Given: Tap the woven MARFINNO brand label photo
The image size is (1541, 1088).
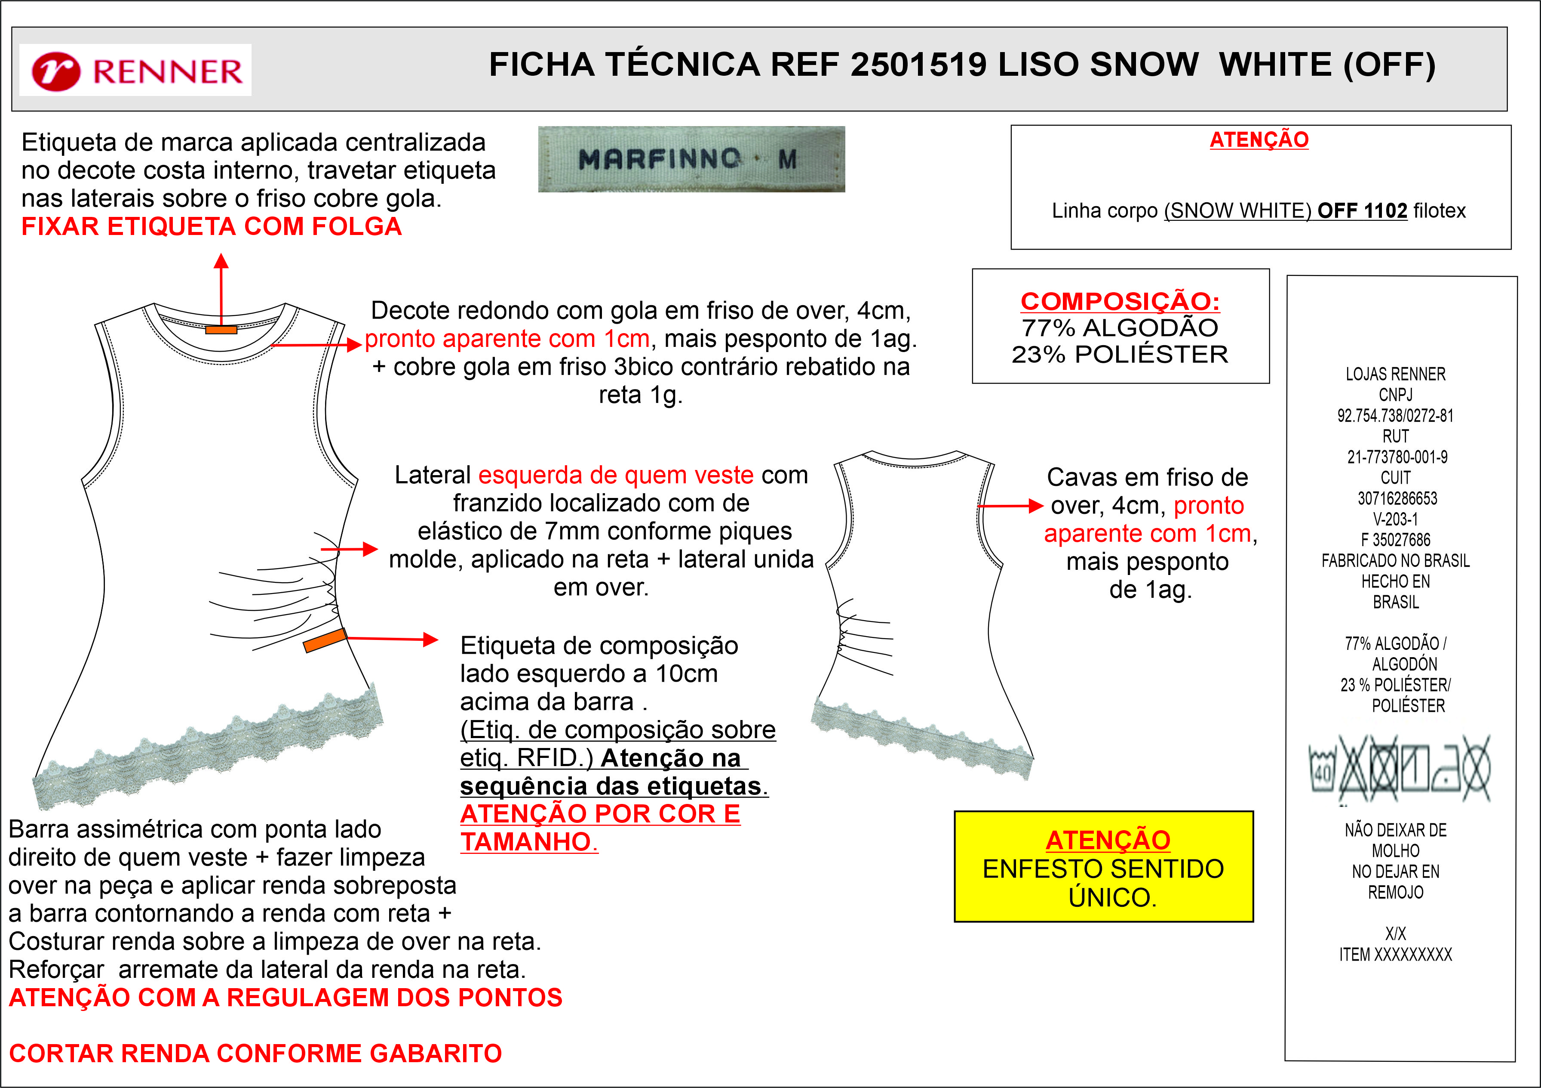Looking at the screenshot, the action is (691, 159).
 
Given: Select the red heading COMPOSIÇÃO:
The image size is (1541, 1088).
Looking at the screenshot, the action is (1120, 301).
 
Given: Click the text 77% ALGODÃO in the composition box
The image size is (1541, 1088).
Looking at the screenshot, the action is (1120, 328).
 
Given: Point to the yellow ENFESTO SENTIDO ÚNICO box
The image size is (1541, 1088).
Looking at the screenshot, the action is (1103, 866).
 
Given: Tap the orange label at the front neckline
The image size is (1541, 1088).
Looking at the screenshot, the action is (221, 330).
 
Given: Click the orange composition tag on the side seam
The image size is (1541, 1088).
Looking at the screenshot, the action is (325, 640).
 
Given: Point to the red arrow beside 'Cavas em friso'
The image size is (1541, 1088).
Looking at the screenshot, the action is (1010, 506).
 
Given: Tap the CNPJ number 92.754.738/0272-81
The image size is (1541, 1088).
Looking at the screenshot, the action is (1395, 416).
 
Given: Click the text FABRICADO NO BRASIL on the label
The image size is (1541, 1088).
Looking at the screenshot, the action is (1395, 561).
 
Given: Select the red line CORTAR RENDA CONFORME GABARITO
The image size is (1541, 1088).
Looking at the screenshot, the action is (255, 1053).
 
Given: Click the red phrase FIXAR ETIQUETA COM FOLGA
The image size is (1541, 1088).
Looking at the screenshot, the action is (212, 226).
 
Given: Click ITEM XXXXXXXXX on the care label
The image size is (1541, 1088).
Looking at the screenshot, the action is (1395, 954).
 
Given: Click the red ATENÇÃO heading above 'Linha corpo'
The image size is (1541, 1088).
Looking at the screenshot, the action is (1259, 140).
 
